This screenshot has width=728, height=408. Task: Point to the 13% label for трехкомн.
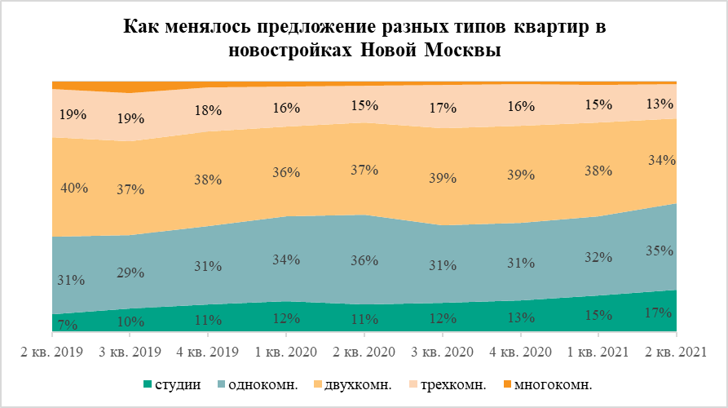click(x=659, y=104)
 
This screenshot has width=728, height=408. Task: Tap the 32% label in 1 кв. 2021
click(x=598, y=257)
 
